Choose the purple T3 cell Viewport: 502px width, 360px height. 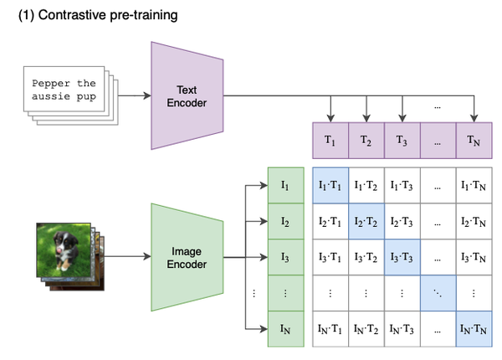pos(403,140)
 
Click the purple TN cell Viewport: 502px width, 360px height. pos(474,140)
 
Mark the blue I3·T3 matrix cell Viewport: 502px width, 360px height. pos(403,257)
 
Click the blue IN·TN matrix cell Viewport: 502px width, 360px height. pos(474,328)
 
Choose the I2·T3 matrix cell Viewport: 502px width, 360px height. pos(403,221)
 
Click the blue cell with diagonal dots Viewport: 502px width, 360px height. pos(438,293)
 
